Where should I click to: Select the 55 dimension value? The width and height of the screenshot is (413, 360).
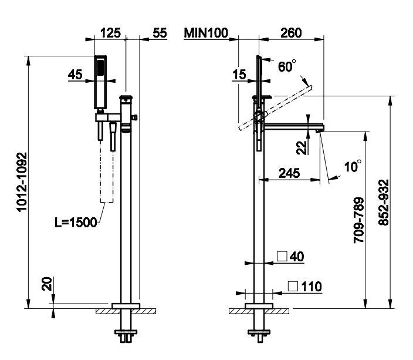159,33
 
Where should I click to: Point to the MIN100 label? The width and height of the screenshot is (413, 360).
205,33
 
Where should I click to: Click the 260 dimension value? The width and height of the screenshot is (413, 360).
291,33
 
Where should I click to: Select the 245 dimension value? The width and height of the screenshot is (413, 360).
290,173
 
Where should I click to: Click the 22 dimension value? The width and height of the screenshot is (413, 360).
302,147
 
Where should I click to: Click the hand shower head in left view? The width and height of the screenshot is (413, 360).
101,82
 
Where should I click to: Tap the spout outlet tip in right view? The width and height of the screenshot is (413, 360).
320,130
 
